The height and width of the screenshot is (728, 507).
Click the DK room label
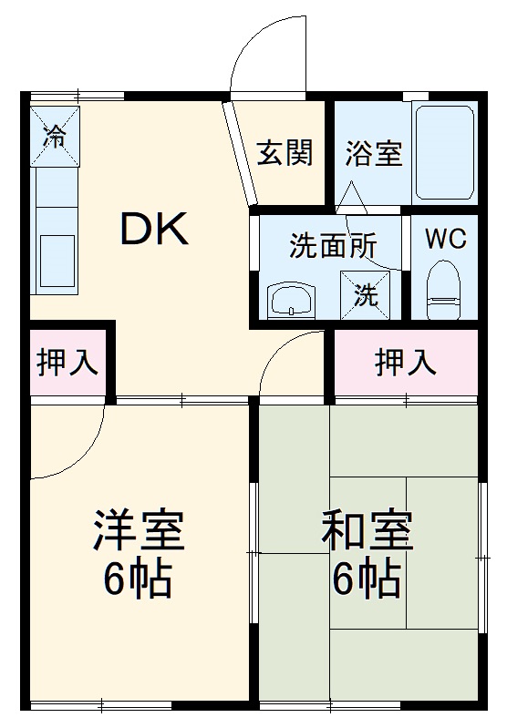point(155,230)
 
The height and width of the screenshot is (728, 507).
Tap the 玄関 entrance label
point(284,153)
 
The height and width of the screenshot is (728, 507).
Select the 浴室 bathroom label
point(373,153)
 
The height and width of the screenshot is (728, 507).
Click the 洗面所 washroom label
point(333,246)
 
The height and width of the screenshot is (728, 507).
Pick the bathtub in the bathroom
point(445,151)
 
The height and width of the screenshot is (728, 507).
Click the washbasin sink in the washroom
point(290,298)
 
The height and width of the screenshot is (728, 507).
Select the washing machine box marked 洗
point(366,294)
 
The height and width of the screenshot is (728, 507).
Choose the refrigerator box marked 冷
point(56,137)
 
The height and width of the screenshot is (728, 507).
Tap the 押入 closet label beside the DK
point(67,362)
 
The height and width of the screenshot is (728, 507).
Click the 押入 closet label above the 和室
point(406,363)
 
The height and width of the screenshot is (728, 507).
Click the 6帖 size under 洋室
point(139,579)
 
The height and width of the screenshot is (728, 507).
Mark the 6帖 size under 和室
point(367,579)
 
